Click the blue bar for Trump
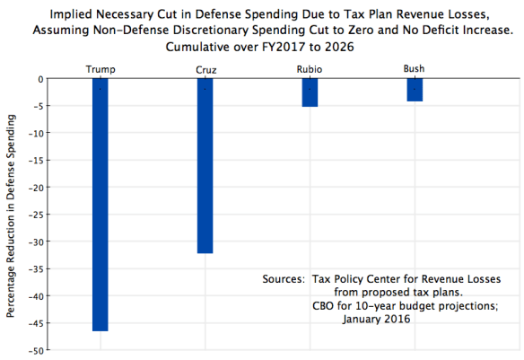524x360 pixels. [x=100, y=205]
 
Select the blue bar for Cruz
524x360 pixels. [x=205, y=166]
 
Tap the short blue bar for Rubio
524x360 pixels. [x=310, y=92]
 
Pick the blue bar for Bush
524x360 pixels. [x=414, y=90]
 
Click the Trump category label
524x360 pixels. [x=100, y=69]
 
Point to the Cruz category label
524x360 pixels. [x=205, y=69]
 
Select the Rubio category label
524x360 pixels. [x=310, y=69]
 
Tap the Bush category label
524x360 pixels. [x=414, y=68]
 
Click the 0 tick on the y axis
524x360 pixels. [x=41, y=79]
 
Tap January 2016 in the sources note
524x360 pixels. [x=384, y=320]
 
